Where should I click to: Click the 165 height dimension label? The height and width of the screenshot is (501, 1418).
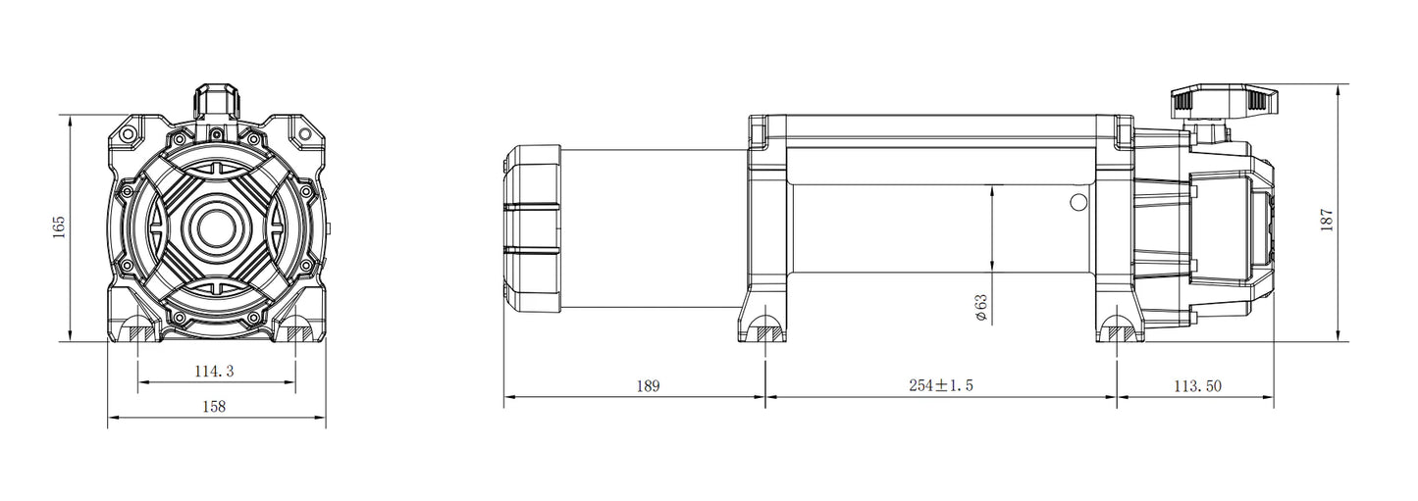pos(59,227)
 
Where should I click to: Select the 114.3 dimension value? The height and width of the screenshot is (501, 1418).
pos(214,372)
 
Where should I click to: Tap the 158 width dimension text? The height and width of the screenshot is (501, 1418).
pos(214,407)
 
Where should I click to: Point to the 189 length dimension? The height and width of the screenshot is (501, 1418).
pos(648,386)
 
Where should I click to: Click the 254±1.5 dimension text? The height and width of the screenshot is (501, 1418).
pos(941,385)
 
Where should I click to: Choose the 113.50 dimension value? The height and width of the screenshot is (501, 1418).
pos(1198,386)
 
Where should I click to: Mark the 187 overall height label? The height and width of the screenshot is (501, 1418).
pos(1327,220)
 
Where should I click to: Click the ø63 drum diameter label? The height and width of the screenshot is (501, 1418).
pos(980,308)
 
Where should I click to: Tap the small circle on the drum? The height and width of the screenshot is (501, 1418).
pos(1077,202)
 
